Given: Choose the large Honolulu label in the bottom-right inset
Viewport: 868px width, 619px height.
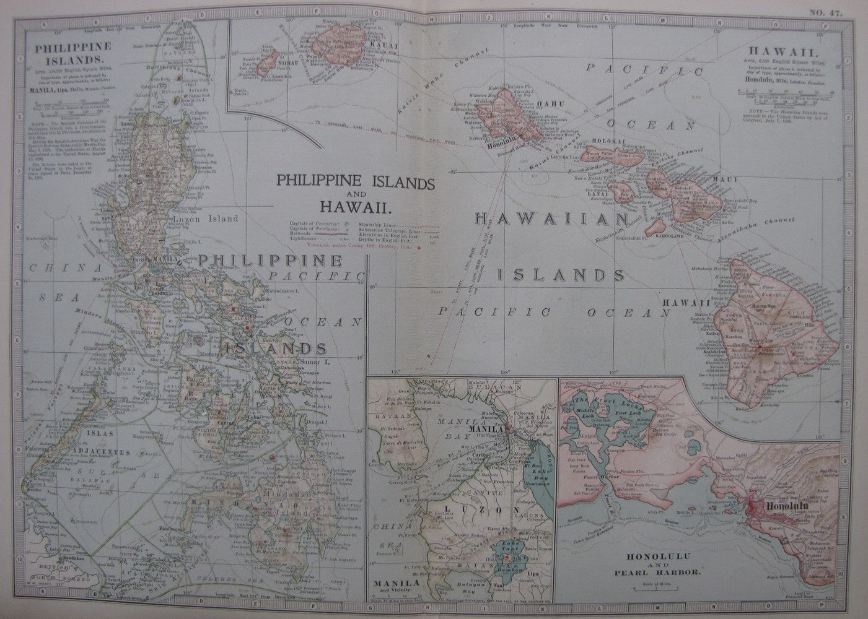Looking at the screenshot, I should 789,505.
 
